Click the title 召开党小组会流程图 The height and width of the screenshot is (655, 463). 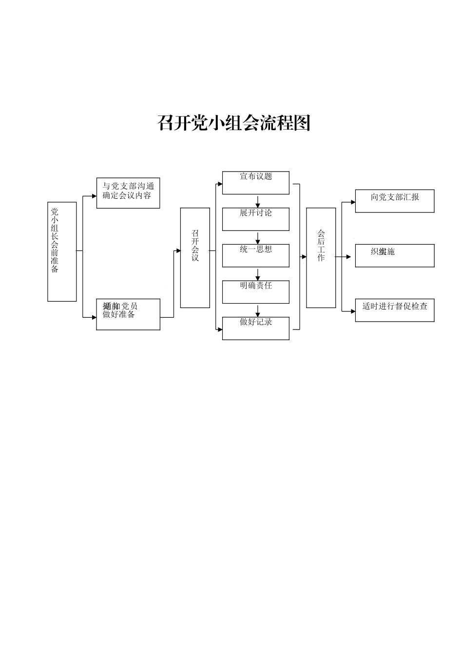click(x=234, y=123)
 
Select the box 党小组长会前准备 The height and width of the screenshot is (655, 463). click(x=62, y=251)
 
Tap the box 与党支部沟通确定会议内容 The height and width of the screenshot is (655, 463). click(x=128, y=193)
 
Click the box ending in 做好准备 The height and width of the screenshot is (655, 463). click(x=128, y=314)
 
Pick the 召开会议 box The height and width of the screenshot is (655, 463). click(x=195, y=258)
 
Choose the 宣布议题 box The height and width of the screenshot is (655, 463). click(x=256, y=183)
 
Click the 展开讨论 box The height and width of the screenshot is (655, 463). click(x=256, y=219)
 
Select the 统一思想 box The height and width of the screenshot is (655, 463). click(x=256, y=256)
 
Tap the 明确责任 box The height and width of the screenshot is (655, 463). click(x=256, y=292)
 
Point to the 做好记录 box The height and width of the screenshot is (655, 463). click(x=256, y=328)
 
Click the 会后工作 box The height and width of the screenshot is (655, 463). click(x=321, y=258)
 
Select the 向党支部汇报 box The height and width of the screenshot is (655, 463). click(x=395, y=201)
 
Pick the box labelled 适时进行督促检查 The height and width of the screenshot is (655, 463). click(x=395, y=310)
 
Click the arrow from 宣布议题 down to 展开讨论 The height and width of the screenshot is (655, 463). click(x=258, y=201)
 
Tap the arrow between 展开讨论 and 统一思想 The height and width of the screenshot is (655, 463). click(x=258, y=238)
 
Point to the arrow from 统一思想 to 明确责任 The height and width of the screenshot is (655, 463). click(x=258, y=274)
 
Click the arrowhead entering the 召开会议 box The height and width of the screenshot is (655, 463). click(x=178, y=251)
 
